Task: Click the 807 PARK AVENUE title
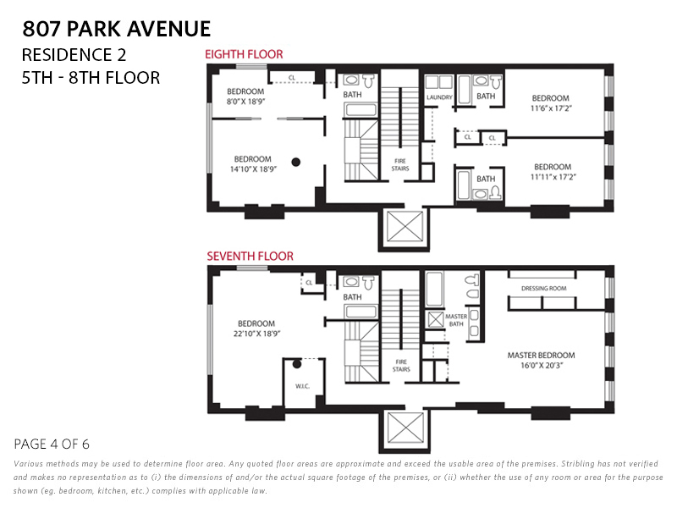(x=117, y=29)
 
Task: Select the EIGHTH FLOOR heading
(x=244, y=54)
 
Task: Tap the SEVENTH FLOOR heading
(x=250, y=256)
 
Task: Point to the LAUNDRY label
(x=439, y=97)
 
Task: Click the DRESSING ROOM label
(x=543, y=289)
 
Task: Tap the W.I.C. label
(x=302, y=387)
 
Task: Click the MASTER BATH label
(x=456, y=319)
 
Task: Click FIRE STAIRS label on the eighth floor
(x=400, y=164)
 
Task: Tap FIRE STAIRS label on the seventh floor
(x=401, y=366)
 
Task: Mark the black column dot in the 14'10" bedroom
(x=296, y=162)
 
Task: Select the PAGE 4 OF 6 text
(x=52, y=444)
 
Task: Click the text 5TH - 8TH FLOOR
(x=91, y=78)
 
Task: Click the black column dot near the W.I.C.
(x=297, y=365)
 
